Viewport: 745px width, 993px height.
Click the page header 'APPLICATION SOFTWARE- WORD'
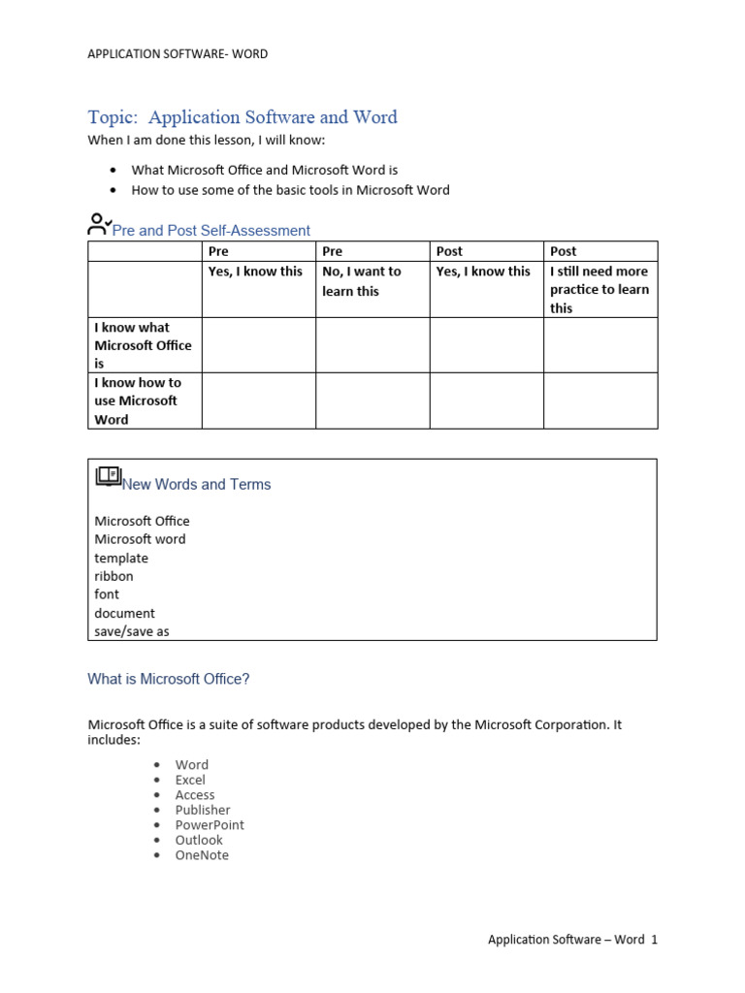tap(178, 54)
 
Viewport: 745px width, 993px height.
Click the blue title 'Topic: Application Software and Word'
tap(243, 117)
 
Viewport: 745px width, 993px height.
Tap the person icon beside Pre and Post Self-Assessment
tap(98, 225)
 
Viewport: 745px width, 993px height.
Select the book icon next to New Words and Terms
tap(108, 476)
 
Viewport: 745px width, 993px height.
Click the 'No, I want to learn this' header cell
tap(361, 281)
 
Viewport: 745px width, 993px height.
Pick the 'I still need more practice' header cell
tap(599, 289)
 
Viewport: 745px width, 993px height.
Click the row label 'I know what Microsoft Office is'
tap(143, 345)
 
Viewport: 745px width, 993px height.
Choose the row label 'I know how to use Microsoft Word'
tap(138, 400)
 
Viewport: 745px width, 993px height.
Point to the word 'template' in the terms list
tap(121, 558)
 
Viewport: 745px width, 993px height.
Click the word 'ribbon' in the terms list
tap(113, 576)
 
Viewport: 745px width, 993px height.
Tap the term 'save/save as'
tap(132, 631)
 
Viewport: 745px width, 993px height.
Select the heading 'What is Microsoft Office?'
tap(169, 680)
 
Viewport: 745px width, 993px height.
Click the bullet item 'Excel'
tap(190, 780)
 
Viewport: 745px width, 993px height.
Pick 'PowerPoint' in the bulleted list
tap(210, 825)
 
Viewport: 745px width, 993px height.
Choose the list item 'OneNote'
tap(202, 855)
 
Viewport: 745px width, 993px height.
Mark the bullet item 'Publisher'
tap(203, 810)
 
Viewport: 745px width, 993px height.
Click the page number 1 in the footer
tap(655, 940)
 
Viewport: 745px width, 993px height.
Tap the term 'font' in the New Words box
tap(107, 594)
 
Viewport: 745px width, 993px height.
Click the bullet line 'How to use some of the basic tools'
tap(290, 190)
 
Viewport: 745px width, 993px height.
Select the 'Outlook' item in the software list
tap(199, 840)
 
